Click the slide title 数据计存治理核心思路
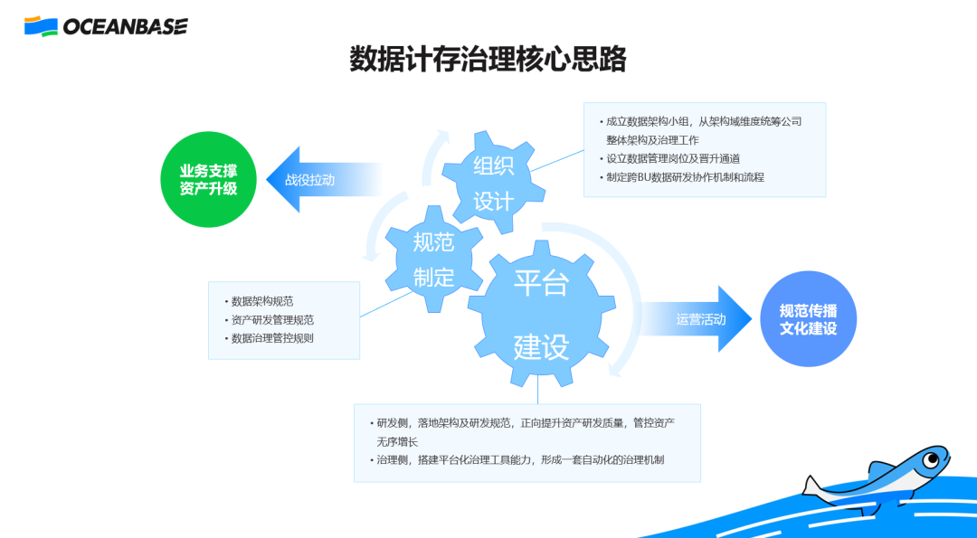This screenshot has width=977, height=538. point(488,60)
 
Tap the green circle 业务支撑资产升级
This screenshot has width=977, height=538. point(208,179)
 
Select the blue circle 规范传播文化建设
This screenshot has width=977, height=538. point(808,319)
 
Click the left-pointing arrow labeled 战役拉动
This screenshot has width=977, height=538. point(317,180)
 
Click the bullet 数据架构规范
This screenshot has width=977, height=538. point(262,301)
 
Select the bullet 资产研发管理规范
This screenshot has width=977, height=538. point(272,320)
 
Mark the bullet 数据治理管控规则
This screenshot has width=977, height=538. point(272,338)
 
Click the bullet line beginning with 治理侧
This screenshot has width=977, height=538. point(520,460)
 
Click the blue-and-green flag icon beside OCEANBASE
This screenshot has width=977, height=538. point(41,26)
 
